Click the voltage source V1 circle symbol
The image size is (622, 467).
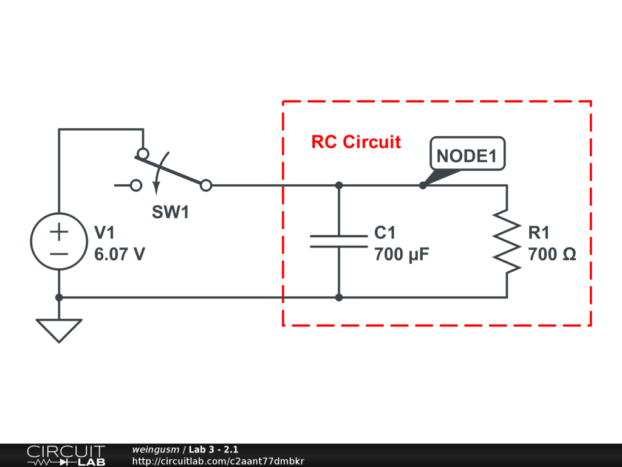[59, 241]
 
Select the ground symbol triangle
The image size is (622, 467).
[59, 329]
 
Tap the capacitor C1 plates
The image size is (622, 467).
[339, 241]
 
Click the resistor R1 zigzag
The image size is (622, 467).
[507, 241]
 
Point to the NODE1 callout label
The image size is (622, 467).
[466, 156]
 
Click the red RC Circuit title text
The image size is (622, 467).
[356, 142]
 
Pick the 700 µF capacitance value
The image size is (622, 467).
[402, 255]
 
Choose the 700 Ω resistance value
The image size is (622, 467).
[552, 255]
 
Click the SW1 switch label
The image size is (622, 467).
[170, 212]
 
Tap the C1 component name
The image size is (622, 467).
[384, 233]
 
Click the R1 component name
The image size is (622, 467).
[539, 233]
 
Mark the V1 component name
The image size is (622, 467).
[104, 233]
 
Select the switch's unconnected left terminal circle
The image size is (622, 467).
[137, 185]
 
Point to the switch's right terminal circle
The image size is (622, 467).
[206, 185]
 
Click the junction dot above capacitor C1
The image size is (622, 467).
[339, 185]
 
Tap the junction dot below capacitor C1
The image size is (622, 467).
[339, 297]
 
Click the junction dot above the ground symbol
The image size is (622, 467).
[59, 297]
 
